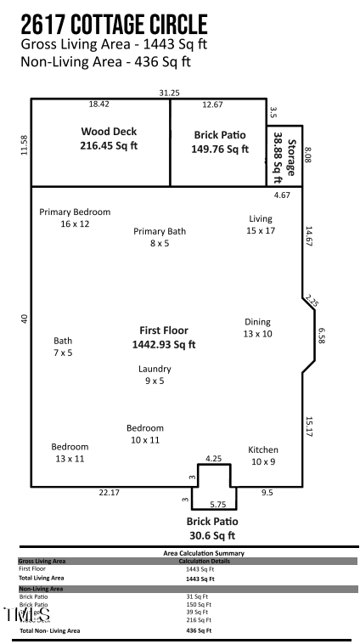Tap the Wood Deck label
click(109, 138)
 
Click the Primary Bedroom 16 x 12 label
click(75, 217)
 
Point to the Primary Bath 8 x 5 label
click(159, 236)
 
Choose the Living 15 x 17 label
click(260, 224)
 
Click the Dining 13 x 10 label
click(258, 328)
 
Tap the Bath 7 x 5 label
click(63, 346)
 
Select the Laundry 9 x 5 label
click(155, 375)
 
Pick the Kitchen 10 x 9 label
click(262, 455)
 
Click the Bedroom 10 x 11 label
click(144, 434)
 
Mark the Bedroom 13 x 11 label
click(70, 452)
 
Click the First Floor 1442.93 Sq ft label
click(164, 337)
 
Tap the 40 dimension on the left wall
click(24, 319)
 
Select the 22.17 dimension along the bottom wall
click(109, 493)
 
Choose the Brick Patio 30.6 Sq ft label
click(212, 528)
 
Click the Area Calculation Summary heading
click(191, 552)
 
